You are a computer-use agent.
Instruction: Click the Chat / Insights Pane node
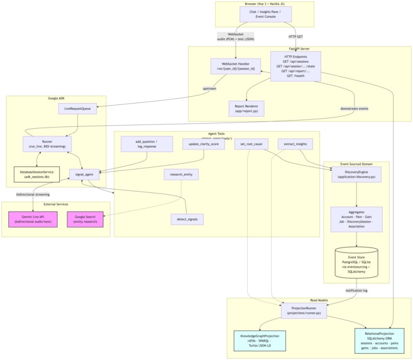[x=265, y=14]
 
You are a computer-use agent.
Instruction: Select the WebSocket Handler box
[x=236, y=67]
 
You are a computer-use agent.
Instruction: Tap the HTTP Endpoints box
[x=295, y=67]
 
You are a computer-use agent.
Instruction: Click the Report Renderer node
[x=246, y=109]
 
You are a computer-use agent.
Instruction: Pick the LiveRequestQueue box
[x=78, y=109]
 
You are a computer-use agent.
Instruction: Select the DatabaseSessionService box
[x=36, y=174]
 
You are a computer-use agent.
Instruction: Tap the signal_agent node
[x=84, y=175]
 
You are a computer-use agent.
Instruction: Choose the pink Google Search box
[x=85, y=219]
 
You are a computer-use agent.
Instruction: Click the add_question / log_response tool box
[x=146, y=144]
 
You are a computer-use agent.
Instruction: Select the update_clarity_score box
[x=204, y=144]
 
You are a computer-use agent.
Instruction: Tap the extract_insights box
[x=295, y=144]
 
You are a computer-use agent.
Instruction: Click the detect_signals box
[x=187, y=219]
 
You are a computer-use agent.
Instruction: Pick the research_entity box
[x=181, y=175]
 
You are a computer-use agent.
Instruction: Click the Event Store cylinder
[x=356, y=265]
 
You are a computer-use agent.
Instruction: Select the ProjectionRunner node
[x=304, y=310]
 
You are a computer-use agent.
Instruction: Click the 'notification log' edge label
[x=356, y=290]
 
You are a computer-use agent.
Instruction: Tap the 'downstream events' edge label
[x=355, y=108]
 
